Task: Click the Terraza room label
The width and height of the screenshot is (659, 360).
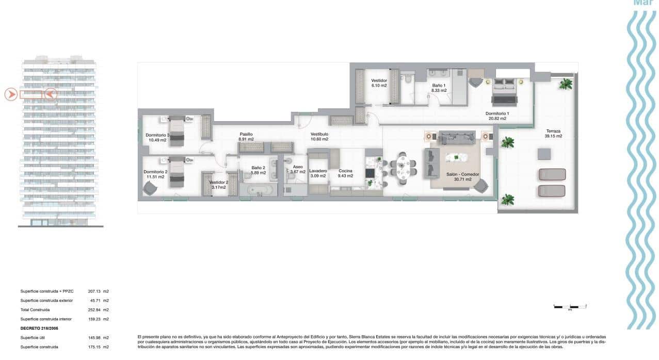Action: [x=554, y=131]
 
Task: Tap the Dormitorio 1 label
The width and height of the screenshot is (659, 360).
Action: [x=497, y=113]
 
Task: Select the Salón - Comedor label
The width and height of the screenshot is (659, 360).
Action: [x=462, y=174]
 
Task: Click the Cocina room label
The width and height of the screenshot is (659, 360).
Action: [x=345, y=171]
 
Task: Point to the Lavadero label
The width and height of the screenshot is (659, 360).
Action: [x=318, y=171]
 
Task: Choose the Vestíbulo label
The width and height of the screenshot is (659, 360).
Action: [x=319, y=134]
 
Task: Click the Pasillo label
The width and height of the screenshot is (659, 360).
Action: [x=246, y=134]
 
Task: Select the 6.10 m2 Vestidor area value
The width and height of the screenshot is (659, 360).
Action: [x=379, y=86]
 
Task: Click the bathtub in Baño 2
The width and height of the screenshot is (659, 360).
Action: [x=259, y=191]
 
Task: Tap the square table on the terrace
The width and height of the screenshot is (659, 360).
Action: [x=544, y=154]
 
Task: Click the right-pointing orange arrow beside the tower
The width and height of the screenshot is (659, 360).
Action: [x=11, y=94]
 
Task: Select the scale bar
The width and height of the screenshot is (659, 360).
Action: [x=570, y=306]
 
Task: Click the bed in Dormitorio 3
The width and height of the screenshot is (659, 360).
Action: [x=176, y=132]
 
